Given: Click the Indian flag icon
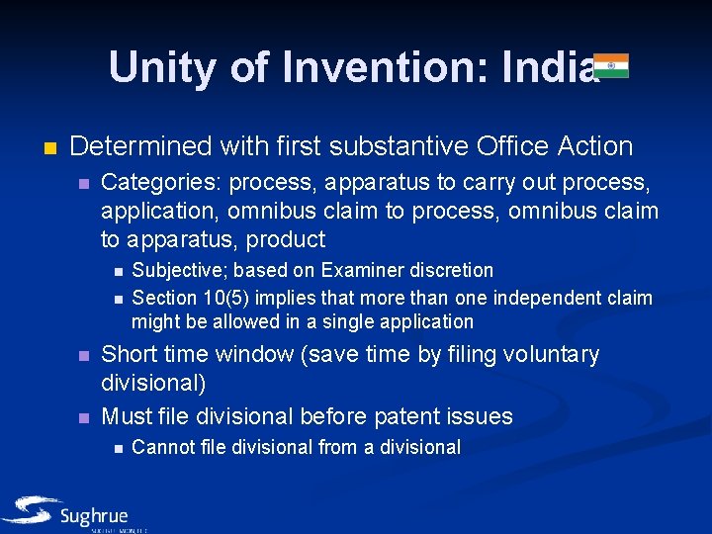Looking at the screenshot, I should point(610,65).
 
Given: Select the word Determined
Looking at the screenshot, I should point(141,146).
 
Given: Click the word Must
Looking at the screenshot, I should point(130,416).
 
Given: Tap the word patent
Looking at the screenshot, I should point(409,416).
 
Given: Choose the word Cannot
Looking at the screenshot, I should point(162,447).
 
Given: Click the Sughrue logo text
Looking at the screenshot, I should point(94,515).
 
